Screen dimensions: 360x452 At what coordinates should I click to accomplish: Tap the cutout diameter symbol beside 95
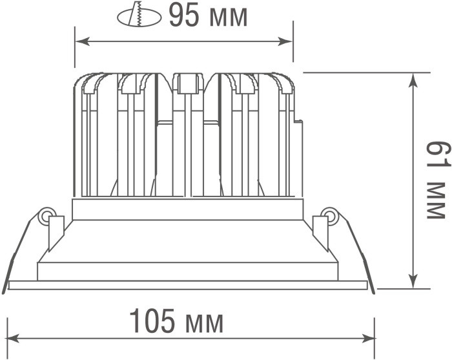139,16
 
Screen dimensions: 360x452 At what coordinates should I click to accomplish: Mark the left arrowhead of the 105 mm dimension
12,338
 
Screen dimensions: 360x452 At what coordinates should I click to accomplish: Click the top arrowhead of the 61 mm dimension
413,78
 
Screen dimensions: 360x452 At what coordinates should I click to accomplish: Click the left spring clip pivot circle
46,215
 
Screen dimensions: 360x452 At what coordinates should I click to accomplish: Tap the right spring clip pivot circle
329,215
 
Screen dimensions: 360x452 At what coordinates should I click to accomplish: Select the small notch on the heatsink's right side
298,121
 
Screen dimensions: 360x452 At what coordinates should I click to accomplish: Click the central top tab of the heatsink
187,83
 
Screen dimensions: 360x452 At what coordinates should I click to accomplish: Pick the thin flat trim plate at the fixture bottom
187,284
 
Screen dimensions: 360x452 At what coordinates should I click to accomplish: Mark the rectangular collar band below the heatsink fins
187,209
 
